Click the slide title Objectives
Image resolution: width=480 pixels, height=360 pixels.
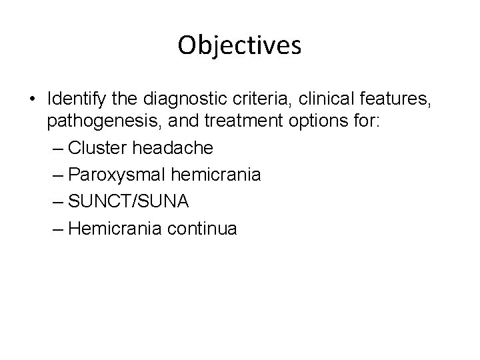(x=240, y=45)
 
